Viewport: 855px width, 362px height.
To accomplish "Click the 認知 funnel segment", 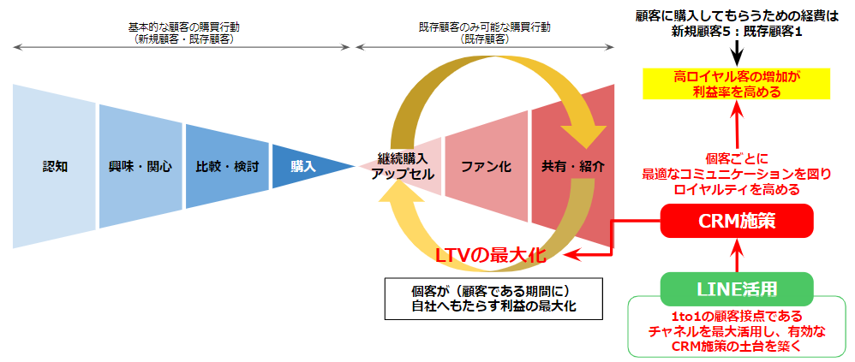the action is (55, 166).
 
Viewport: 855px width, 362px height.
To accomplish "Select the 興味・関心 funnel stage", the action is (141, 166).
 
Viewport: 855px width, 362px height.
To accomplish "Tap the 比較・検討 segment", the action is (227, 166).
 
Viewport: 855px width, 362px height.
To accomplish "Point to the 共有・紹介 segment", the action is (573, 166).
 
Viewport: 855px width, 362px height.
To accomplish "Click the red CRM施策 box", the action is (737, 222).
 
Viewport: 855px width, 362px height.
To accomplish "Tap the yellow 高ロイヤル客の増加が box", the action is (736, 84).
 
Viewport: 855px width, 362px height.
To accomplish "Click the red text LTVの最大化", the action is (490, 255).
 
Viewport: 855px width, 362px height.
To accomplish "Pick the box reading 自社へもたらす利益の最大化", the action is (494, 299).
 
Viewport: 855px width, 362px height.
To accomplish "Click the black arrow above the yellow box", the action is (736, 53).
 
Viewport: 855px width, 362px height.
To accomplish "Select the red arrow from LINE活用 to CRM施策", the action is (737, 255).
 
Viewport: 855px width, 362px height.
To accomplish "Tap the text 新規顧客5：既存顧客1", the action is (737, 32).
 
